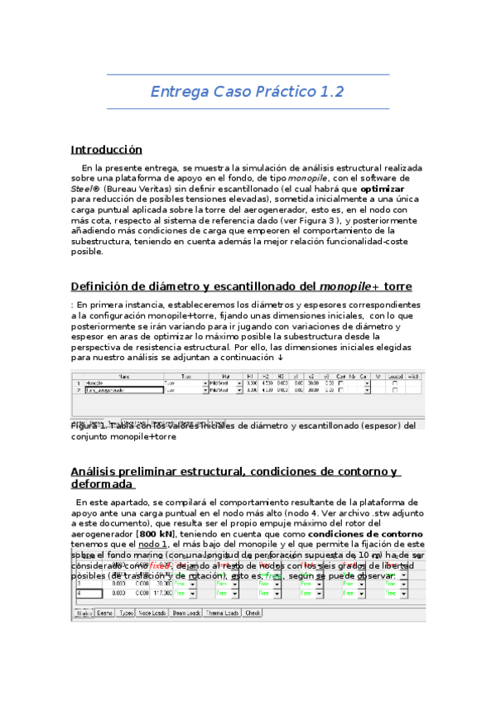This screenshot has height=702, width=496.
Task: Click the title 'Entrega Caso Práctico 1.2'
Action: point(247,91)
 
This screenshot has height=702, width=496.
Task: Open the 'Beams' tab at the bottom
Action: point(105,613)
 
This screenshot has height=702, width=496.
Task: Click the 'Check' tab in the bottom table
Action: point(253,613)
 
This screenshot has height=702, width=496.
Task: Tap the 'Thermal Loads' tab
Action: point(221,613)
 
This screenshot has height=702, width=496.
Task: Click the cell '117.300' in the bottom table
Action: point(160,594)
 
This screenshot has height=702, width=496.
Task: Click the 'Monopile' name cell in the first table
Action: point(95,383)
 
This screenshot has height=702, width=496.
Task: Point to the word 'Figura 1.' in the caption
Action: point(89,426)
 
